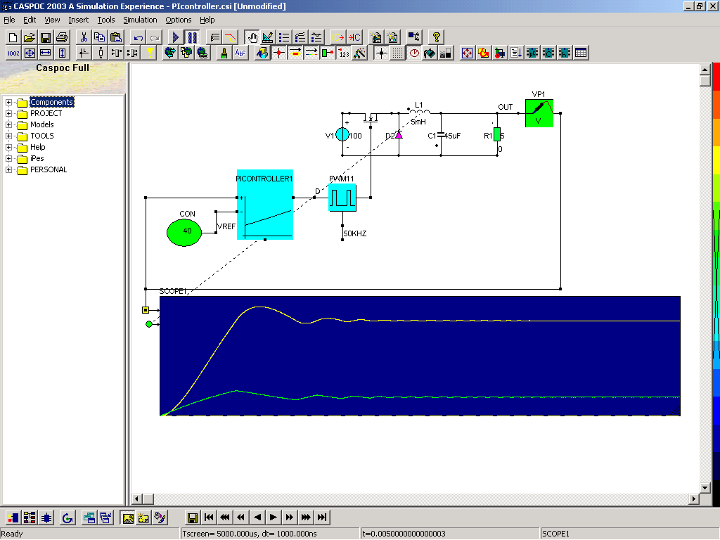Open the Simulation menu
tap(140, 20)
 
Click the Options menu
tap(178, 20)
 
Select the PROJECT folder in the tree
tap(46, 113)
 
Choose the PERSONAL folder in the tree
tap(49, 170)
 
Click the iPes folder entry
tap(37, 158)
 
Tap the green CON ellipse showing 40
tap(184, 232)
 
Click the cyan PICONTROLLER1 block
tap(265, 205)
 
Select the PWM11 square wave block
tap(342, 198)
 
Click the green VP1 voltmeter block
tap(539, 113)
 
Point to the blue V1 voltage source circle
tap(342, 134)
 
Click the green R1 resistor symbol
tap(497, 135)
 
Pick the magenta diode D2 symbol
tap(399, 135)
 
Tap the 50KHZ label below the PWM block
tap(355, 233)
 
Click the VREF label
tap(226, 227)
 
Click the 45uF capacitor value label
tap(452, 136)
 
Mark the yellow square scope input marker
tap(146, 310)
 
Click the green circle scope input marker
tap(149, 324)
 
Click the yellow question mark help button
tap(436, 37)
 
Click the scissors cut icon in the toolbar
tap(84, 37)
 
